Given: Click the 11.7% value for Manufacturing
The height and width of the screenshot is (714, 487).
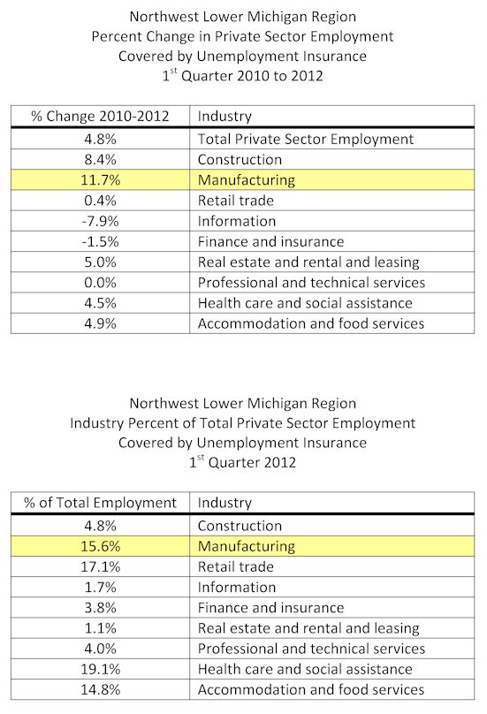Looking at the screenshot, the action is (100, 180).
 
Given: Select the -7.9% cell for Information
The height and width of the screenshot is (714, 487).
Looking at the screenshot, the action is (100, 221).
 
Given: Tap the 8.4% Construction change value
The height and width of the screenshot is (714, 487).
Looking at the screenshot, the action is (100, 159).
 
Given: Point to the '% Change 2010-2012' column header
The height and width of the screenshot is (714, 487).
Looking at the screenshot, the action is (100, 116).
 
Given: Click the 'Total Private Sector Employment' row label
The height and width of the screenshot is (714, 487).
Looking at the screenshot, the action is (305, 139).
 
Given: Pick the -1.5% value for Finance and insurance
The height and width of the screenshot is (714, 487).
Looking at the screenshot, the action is (100, 241).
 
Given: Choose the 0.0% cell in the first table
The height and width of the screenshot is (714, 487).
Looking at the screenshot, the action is (100, 282).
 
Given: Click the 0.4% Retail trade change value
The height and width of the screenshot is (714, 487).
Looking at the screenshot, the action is (100, 201).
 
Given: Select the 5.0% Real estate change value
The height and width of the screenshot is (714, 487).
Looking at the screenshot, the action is (100, 262).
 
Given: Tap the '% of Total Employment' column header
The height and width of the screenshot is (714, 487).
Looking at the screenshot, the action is (100, 503).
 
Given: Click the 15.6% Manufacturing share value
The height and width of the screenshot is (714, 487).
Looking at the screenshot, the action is (100, 546).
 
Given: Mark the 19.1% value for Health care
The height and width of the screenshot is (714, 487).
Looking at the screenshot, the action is (100, 669).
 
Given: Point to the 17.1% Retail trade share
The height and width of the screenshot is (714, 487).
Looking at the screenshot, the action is (100, 566).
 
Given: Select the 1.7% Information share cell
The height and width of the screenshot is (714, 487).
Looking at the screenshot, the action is (100, 587).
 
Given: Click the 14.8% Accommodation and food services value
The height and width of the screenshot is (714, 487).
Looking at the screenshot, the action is (100, 689).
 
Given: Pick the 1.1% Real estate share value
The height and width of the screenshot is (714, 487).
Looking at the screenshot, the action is (100, 628).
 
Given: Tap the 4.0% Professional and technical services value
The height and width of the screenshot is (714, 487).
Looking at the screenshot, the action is (100, 649).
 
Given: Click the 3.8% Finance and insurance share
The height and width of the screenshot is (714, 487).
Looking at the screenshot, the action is (100, 607).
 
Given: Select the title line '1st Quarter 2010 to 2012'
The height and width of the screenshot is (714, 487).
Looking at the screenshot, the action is (243, 75).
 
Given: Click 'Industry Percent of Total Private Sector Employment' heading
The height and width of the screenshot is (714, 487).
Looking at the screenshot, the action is (243, 423).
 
